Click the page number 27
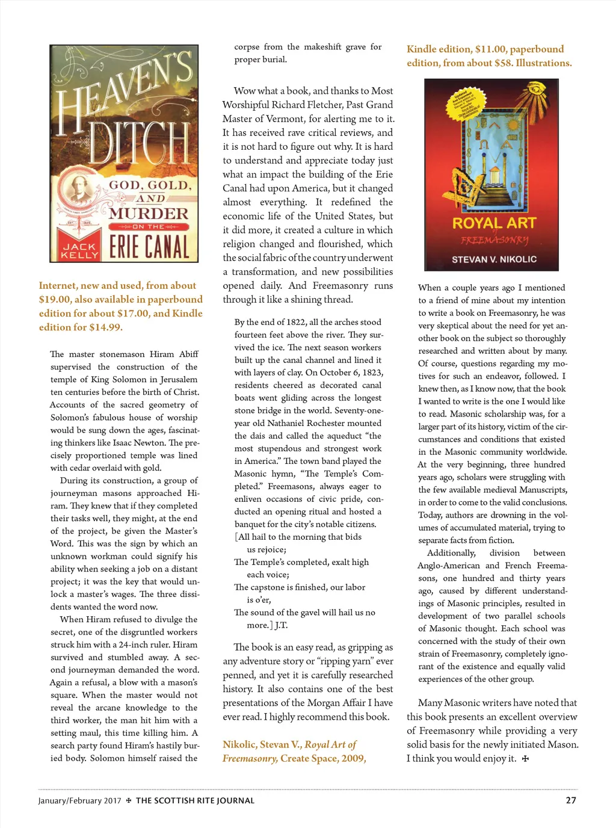click(x=571, y=800)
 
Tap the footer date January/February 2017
click(x=79, y=801)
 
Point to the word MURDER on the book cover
click(x=149, y=214)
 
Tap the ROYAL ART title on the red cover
click(x=494, y=223)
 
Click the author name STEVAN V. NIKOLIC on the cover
click(x=494, y=259)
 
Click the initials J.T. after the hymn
click(x=281, y=625)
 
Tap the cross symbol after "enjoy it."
click(x=525, y=759)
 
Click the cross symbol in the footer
click(x=129, y=801)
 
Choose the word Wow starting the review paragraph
click(x=244, y=91)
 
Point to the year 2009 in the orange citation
click(x=353, y=758)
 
